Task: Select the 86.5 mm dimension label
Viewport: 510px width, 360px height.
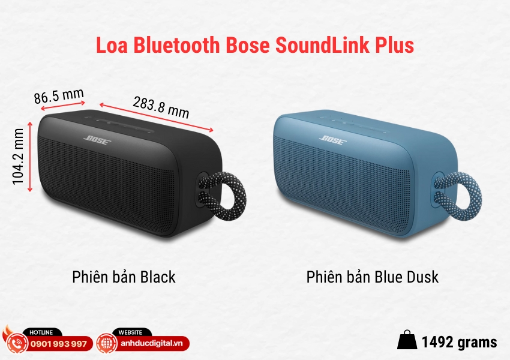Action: click(x=59, y=97)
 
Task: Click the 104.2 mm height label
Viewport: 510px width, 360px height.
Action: click(x=20, y=159)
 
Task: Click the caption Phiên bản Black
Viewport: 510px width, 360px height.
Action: click(x=124, y=277)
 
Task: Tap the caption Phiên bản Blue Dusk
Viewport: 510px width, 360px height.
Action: click(x=372, y=277)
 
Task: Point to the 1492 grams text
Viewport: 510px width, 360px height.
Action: click(x=459, y=342)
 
